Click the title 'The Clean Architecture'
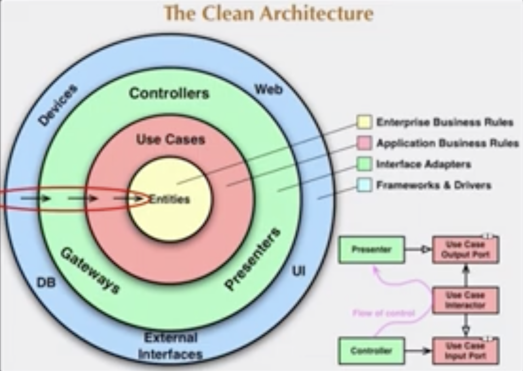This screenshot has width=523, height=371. tap(269, 13)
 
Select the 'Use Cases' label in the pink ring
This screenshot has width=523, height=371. tap(170, 139)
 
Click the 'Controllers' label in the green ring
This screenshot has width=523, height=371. tap(169, 93)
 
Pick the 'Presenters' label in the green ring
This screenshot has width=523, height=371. tap(253, 259)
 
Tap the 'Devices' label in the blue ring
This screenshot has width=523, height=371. tap(58, 105)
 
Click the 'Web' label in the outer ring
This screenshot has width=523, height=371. tap(269, 89)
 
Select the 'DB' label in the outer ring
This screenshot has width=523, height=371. tap(46, 282)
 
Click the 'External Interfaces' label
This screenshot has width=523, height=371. tap(170, 345)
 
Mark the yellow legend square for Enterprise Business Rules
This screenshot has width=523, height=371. tap(364, 122)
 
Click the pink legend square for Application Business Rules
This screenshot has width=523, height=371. tap(364, 143)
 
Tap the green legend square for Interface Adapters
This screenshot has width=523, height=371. tap(364, 164)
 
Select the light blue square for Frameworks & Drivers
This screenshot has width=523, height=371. tap(364, 185)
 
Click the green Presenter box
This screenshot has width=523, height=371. tap(372, 250)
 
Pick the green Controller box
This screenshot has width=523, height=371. tap(372, 351)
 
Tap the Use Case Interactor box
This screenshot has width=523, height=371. tap(465, 300)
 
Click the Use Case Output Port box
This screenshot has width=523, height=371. tap(465, 250)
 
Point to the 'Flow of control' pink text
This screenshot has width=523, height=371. tap(384, 313)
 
